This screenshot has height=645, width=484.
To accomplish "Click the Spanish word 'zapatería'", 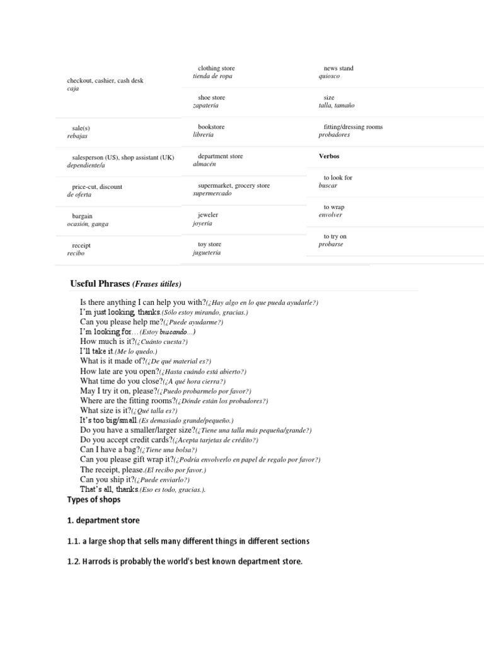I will click(x=209, y=106).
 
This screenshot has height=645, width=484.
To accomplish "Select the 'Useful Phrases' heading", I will click(x=100, y=283).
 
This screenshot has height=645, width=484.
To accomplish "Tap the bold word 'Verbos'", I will click(x=329, y=156).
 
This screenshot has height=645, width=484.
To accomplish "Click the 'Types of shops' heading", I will click(x=94, y=499).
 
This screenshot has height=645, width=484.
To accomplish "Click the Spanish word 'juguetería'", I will click(x=207, y=253).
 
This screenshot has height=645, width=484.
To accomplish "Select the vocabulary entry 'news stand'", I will click(x=338, y=68).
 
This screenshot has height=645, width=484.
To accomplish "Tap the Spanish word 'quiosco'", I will click(x=329, y=76).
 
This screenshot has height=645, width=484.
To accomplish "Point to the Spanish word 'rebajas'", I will click(x=78, y=136).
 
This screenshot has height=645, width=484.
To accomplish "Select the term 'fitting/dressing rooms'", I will click(x=352, y=127).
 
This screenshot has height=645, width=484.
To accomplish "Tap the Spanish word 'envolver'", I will click(x=330, y=215).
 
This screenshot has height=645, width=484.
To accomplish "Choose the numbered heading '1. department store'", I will click(x=103, y=520).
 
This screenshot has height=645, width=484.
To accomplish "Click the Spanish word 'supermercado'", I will click(x=212, y=194).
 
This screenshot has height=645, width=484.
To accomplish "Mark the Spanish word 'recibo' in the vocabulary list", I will click(x=76, y=253).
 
